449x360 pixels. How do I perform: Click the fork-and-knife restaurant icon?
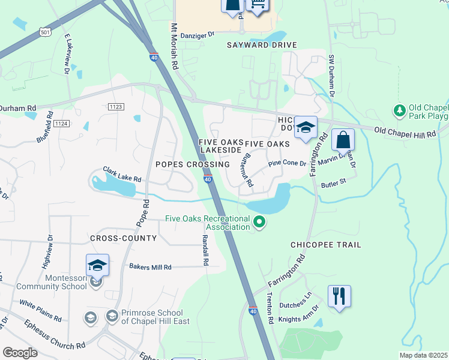(x=339, y=296)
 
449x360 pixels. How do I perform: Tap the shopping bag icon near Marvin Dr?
(x=343, y=140)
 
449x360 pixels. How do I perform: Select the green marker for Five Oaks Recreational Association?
(x=259, y=223)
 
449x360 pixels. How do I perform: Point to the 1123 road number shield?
(x=116, y=107)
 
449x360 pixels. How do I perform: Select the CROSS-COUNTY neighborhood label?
(x=123, y=238)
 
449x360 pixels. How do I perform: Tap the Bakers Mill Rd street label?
(x=150, y=267)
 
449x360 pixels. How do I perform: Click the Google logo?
(x=20, y=353)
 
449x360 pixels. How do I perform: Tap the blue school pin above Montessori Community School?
(x=97, y=265)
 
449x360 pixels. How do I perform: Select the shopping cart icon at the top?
(x=258, y=5)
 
